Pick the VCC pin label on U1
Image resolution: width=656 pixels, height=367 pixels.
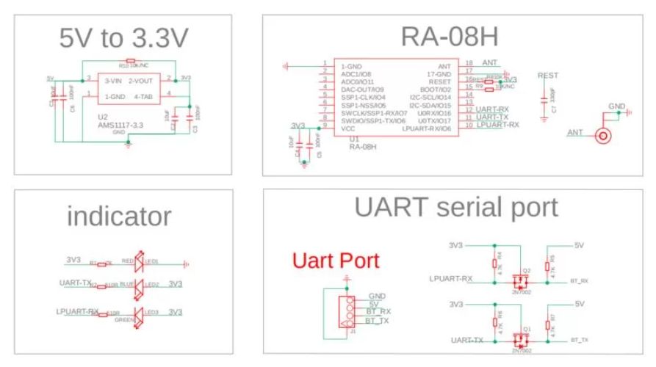pyautogui.click(x=347, y=128)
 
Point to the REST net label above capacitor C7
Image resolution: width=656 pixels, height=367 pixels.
pyautogui.click(x=548, y=76)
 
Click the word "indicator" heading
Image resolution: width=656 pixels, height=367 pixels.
pyautogui.click(x=119, y=216)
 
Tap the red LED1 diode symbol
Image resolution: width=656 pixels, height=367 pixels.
pyautogui.click(x=140, y=262)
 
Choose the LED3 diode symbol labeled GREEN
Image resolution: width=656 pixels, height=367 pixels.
pyautogui.click(x=140, y=313)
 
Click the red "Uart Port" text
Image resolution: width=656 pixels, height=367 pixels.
pyautogui.click(x=336, y=260)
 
